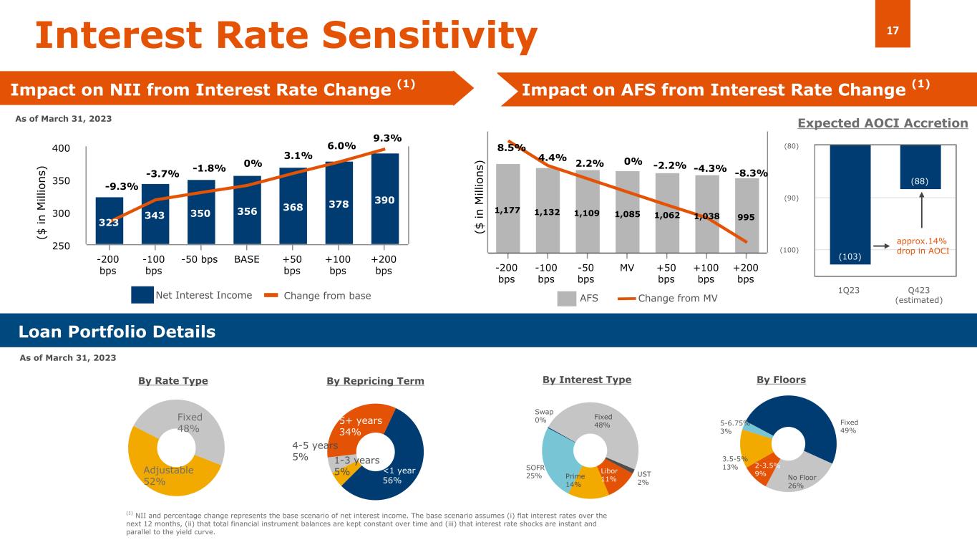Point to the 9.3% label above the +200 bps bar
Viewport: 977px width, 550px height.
[387, 137]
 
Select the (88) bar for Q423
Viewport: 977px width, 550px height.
[920, 167]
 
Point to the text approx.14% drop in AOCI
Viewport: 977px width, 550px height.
[923, 247]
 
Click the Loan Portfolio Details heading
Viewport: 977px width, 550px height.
[117, 332]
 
